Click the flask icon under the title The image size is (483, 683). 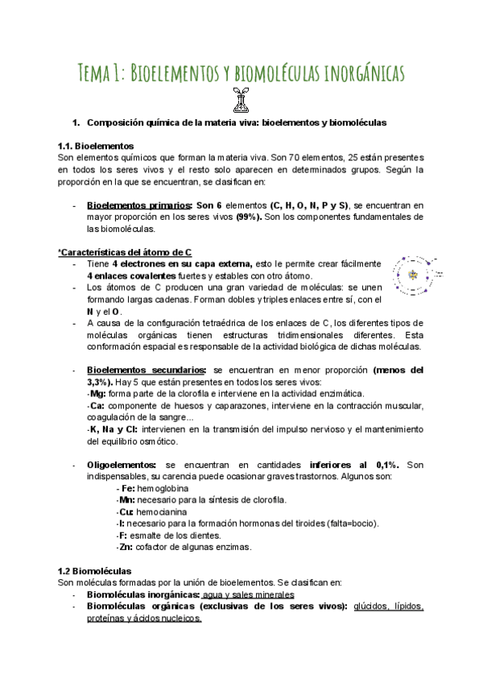pos(240,100)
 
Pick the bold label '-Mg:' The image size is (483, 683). pos(97,394)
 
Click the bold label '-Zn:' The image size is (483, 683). pos(125,548)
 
